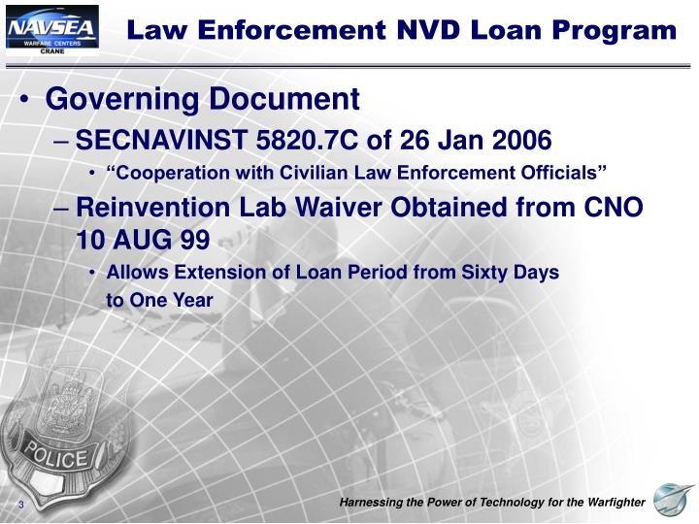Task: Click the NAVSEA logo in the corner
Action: [51, 30]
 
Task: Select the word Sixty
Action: [493, 273]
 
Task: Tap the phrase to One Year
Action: [158, 301]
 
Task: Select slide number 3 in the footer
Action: [19, 507]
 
